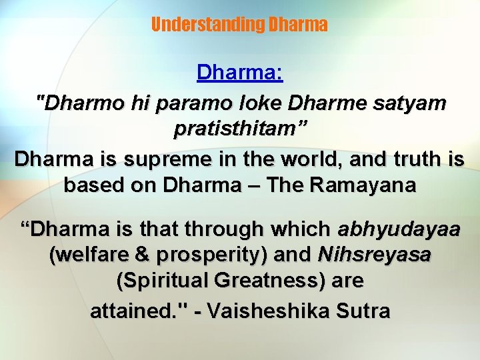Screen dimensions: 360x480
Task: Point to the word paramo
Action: point(189,105)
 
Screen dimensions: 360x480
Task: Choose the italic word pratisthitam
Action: point(236,129)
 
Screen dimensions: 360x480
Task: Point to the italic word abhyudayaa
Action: point(399,229)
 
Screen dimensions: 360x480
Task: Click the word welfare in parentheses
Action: point(89,255)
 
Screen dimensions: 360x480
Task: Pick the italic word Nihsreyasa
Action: point(374,255)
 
